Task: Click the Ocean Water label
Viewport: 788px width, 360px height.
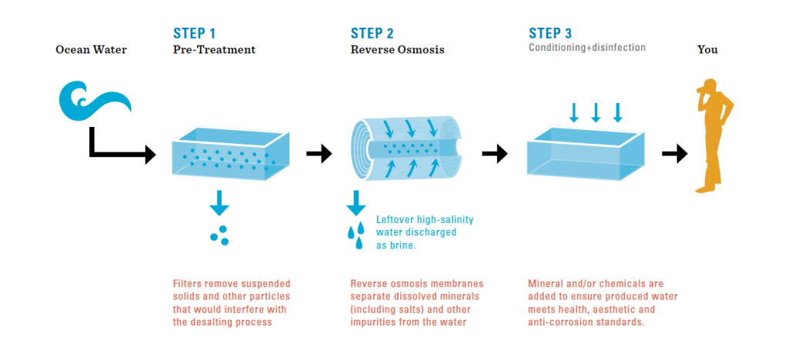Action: (x=91, y=50)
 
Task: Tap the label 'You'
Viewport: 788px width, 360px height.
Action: (x=707, y=50)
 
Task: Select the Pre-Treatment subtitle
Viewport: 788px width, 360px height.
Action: (x=214, y=50)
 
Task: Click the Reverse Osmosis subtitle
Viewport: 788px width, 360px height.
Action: (x=397, y=50)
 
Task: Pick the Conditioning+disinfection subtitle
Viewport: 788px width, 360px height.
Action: (x=586, y=48)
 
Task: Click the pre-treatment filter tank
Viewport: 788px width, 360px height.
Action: (x=225, y=153)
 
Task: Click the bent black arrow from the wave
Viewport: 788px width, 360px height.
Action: (x=115, y=150)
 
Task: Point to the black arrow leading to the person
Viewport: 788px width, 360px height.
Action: (x=674, y=154)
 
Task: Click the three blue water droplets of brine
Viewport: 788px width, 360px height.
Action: (x=356, y=234)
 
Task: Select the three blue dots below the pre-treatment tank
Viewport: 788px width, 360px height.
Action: (x=220, y=235)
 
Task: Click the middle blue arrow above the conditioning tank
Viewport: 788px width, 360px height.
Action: (x=596, y=112)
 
